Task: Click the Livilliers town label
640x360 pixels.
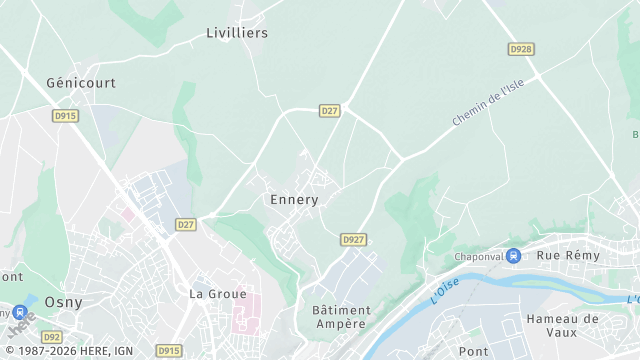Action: [237, 33]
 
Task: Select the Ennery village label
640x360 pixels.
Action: [294, 199]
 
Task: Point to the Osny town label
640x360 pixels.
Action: [64, 302]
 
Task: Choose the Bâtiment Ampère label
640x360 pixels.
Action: [341, 317]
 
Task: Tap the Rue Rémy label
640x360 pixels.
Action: [569, 255]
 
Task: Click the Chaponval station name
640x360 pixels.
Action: [478, 256]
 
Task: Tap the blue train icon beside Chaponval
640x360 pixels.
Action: [513, 256]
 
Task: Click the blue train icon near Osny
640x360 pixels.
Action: [20, 311]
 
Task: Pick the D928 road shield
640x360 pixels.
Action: [520, 48]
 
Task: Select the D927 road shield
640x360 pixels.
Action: [353, 240]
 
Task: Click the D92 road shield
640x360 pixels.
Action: [52, 338]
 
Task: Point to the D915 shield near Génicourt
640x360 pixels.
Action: [65, 116]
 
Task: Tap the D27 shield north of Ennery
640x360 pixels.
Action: [330, 110]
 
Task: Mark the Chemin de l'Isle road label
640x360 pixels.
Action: [488, 103]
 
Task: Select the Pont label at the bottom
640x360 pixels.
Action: [474, 352]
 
